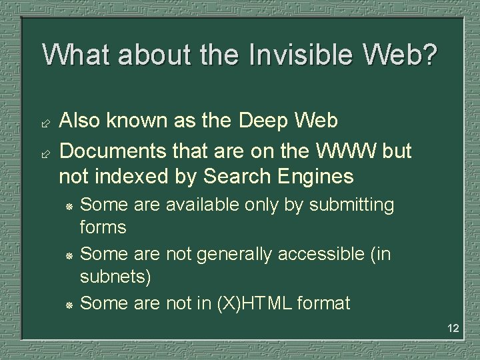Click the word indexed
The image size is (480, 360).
(x=129, y=177)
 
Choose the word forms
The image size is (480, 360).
(x=103, y=228)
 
